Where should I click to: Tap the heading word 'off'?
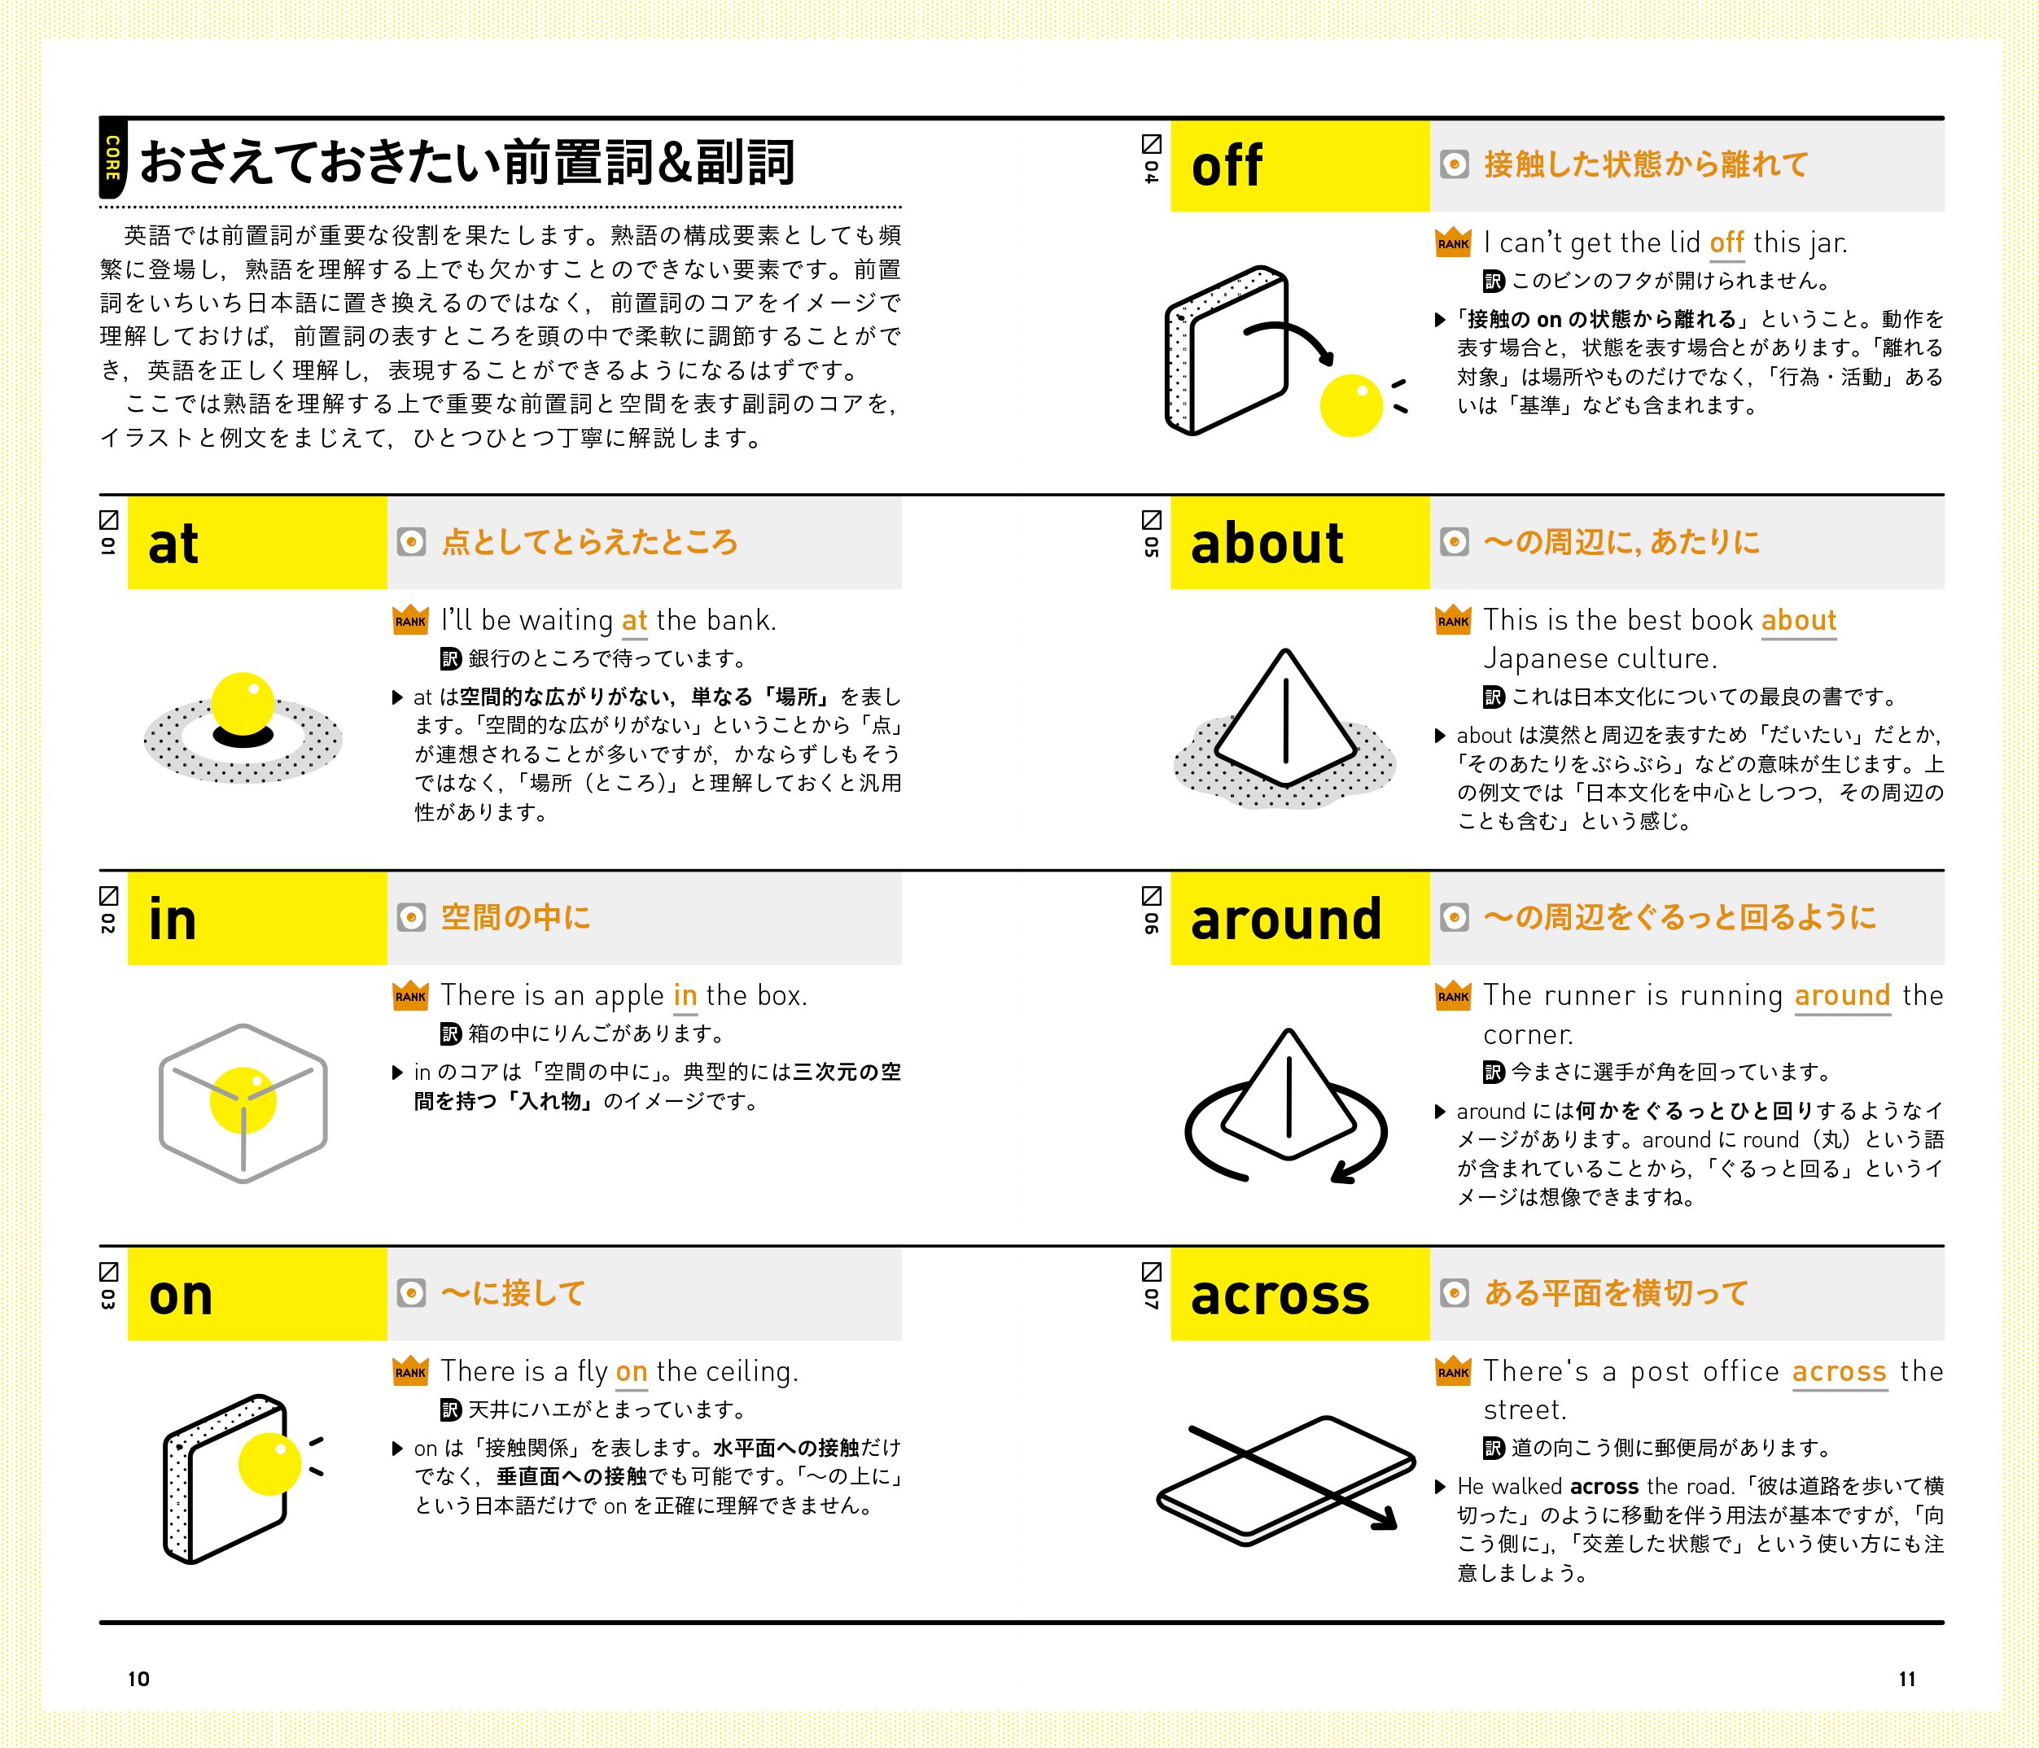pos(1226,166)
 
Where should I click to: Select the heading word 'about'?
pos(1267,544)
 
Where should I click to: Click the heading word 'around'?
pos(1285,920)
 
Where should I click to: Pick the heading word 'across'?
pos(1280,1296)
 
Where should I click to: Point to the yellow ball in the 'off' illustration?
pos(1350,405)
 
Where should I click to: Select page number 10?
pos(138,1679)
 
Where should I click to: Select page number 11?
pos(1906,1679)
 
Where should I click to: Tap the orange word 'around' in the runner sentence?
pos(1842,995)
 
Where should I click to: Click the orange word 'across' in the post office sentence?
pos(1838,1371)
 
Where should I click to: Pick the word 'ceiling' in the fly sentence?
pos(749,1371)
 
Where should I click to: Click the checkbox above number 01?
pos(108,519)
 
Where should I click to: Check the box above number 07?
pos(1152,1271)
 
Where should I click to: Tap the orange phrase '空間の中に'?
pos(516,918)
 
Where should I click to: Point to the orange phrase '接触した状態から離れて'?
pos(1645,164)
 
